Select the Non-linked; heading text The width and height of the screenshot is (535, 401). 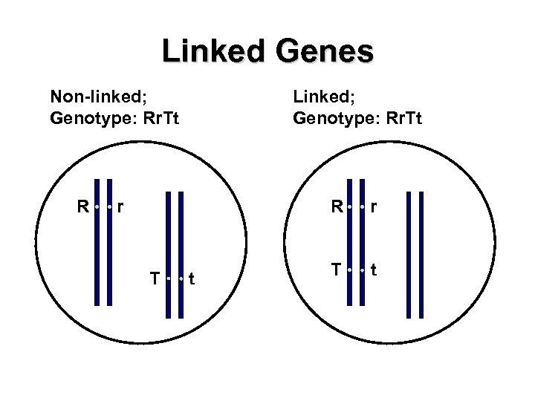pyautogui.click(x=91, y=96)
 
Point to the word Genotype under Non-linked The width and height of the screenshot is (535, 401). pyautogui.click(x=84, y=117)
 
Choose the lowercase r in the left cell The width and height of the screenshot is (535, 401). pyautogui.click(x=121, y=206)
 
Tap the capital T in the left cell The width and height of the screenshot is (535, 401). pyautogui.click(x=154, y=278)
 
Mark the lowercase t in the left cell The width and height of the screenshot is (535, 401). pyautogui.click(x=192, y=279)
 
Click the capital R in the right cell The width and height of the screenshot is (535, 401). pyautogui.click(x=337, y=206)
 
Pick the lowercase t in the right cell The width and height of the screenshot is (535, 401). pyautogui.click(x=374, y=271)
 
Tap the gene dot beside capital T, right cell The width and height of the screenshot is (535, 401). pyautogui.click(x=349, y=270)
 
